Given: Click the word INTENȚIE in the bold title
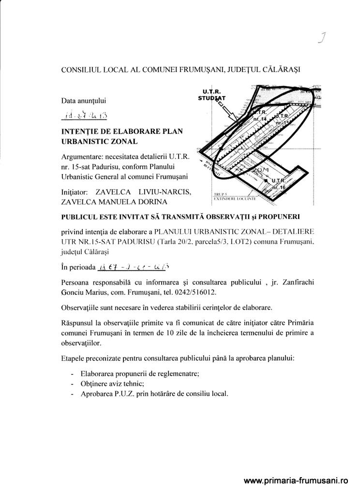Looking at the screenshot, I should point(80,131).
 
